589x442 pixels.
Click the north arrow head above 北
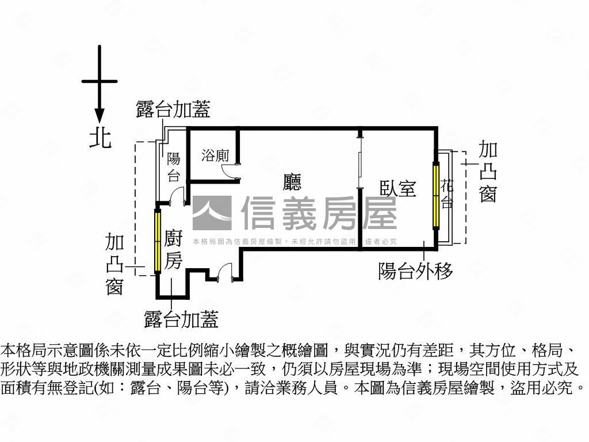(x=100, y=115)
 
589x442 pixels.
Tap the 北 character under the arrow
(x=100, y=138)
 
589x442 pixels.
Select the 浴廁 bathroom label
(x=216, y=155)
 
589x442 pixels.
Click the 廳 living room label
(x=292, y=182)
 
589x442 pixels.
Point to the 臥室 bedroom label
(x=398, y=188)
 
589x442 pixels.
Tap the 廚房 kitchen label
(x=173, y=250)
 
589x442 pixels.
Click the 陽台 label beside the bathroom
(x=173, y=167)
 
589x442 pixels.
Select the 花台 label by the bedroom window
(x=447, y=194)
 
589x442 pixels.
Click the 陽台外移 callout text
(x=415, y=270)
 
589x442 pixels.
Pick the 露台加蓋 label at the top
(x=173, y=109)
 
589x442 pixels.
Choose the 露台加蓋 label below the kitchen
(x=181, y=319)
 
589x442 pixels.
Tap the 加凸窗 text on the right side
(x=488, y=173)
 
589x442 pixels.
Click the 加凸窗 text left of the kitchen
(x=115, y=264)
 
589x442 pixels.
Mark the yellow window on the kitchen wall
(x=157, y=241)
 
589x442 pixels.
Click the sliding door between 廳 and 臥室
(x=359, y=170)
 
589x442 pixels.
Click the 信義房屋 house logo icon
(x=212, y=214)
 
